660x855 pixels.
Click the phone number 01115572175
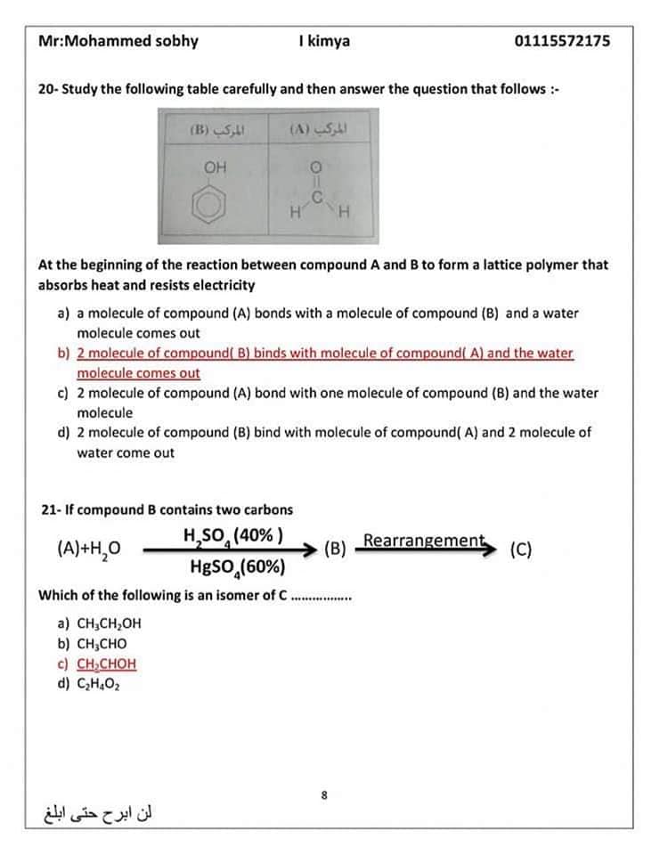click(562, 41)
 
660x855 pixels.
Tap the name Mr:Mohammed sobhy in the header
click(118, 41)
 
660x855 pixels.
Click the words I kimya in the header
click(325, 41)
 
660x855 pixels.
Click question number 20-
click(48, 89)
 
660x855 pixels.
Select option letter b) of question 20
click(64, 354)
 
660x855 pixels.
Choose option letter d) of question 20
click(64, 433)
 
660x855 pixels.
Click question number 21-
click(50, 510)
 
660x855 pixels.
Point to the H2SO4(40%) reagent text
click(233, 536)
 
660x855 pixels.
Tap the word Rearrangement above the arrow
click(423, 541)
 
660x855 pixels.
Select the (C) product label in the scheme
click(521, 549)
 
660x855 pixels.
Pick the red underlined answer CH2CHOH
click(106, 664)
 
